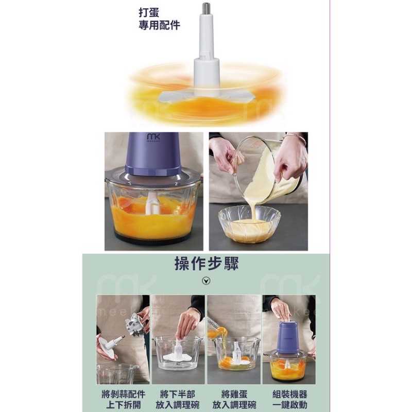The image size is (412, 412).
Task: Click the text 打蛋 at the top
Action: pos(149,12)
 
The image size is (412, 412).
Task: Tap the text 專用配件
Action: pos(159,25)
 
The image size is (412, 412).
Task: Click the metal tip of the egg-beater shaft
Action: pos(207,6)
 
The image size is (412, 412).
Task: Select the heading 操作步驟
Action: pos(207,264)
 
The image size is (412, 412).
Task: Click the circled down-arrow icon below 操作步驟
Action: pos(207,281)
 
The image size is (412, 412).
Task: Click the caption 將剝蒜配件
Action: pos(123,394)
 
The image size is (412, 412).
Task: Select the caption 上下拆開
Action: pos(123,405)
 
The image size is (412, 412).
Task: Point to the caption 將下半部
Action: pos(177,394)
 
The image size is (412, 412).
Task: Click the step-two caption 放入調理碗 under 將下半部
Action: pos(177,405)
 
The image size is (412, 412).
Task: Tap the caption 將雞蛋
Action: pos(234,394)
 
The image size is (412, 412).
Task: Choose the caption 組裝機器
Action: pos(289,394)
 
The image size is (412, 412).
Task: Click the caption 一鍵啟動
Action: pos(289,405)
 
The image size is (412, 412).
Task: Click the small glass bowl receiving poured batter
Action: pos(249,224)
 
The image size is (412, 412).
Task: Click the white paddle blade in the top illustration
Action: pos(207,97)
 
